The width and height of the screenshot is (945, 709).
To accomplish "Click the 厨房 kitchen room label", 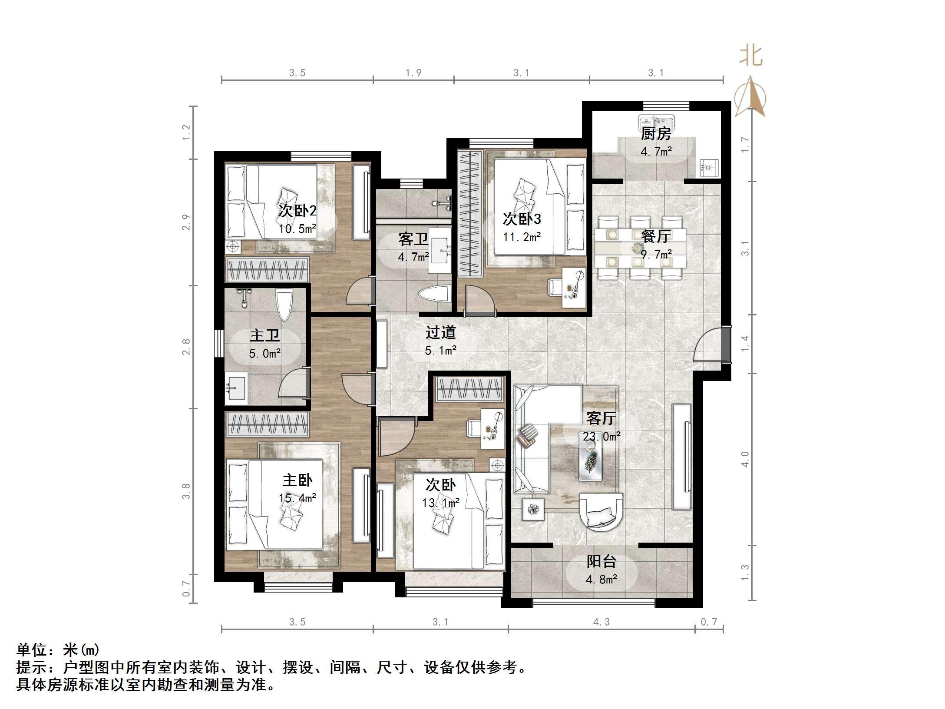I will pyautogui.click(x=656, y=134).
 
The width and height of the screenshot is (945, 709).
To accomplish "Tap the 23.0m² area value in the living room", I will pyautogui.click(x=601, y=436).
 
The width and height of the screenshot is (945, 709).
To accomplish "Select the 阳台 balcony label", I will pyautogui.click(x=601, y=561).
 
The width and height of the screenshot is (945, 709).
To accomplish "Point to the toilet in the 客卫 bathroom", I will pyautogui.click(x=434, y=295).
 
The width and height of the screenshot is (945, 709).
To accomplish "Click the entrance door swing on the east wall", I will pyautogui.click(x=708, y=345).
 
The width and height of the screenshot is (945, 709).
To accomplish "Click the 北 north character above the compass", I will pyautogui.click(x=751, y=56).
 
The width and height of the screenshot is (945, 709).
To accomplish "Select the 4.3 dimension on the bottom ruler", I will pyautogui.click(x=601, y=622).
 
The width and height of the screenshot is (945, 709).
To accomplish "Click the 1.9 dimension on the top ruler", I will pyautogui.click(x=413, y=73).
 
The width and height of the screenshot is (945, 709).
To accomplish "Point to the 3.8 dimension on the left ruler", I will pyautogui.click(x=186, y=491).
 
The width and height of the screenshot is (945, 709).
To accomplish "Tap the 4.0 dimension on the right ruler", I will pyautogui.click(x=745, y=459).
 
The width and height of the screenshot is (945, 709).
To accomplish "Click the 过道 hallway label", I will pyautogui.click(x=440, y=333).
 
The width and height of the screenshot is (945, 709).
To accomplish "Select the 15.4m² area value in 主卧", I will pyautogui.click(x=297, y=498).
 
